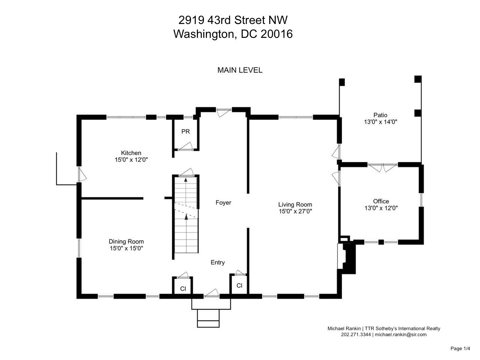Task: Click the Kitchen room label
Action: click(131, 153)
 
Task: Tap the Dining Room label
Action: click(126, 241)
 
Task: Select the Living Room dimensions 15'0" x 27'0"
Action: click(295, 211)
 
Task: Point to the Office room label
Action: click(381, 201)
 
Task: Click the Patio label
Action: click(380, 115)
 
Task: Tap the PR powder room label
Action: click(186, 132)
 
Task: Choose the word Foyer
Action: click(223, 202)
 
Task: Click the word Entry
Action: click(217, 262)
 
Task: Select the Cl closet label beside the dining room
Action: click(183, 289)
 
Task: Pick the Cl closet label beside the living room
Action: click(239, 285)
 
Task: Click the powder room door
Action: click(185, 146)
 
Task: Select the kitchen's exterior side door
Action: click(82, 174)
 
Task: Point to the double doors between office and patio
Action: click(382, 168)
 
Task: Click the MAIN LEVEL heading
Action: click(240, 70)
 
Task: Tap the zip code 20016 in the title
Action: click(276, 34)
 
